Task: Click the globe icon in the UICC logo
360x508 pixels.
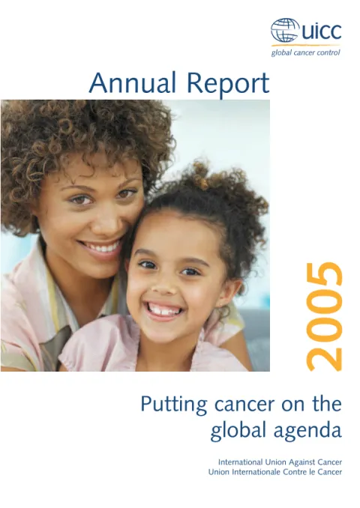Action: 285,30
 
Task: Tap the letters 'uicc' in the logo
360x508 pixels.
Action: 321,31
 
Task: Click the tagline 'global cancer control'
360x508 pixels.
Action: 305,52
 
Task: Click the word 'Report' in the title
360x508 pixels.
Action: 228,84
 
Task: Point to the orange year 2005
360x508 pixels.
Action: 324,316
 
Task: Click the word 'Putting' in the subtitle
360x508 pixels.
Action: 173,405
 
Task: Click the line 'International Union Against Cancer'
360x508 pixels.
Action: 280,462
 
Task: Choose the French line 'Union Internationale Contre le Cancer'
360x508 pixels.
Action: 275,472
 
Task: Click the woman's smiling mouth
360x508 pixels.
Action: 101,249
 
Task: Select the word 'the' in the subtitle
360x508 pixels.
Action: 327,404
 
